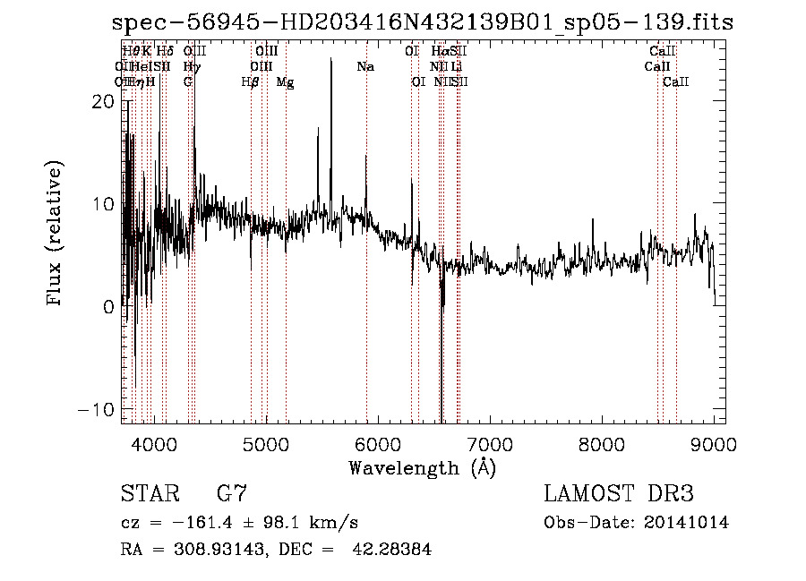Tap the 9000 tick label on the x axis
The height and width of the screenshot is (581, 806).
tap(714, 443)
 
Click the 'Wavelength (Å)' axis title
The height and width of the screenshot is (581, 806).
tap(422, 467)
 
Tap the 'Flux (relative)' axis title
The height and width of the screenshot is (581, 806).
tap(56, 235)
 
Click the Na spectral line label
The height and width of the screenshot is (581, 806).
tap(365, 67)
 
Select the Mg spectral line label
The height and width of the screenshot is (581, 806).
tap(285, 82)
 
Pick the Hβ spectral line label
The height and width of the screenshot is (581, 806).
tap(251, 82)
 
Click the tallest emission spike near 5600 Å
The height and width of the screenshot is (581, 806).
tap(331, 61)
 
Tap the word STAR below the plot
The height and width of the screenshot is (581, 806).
tap(149, 494)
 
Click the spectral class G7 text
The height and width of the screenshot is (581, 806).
tap(232, 494)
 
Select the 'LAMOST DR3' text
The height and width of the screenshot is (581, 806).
tap(618, 494)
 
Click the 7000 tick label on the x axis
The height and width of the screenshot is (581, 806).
tap(490, 443)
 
